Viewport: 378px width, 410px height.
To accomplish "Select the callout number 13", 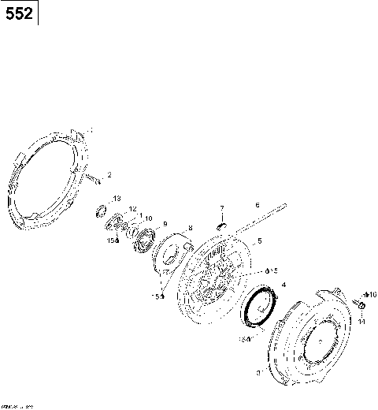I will (x=117, y=198).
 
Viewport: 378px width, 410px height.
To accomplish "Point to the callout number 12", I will (x=133, y=209).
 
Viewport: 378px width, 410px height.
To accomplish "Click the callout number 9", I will (x=165, y=224).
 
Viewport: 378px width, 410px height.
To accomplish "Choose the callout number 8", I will (x=189, y=228).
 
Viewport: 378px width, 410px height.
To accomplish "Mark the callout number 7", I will (x=222, y=209).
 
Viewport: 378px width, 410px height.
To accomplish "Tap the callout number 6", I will (x=257, y=205).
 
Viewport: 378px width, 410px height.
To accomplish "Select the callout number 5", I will (x=259, y=240).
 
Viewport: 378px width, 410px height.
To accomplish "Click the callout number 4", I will (x=283, y=284).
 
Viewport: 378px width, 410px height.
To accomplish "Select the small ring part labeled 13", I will (x=102, y=211).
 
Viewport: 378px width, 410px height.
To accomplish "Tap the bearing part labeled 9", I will (x=145, y=237).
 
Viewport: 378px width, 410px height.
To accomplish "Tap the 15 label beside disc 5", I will (x=272, y=270).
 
